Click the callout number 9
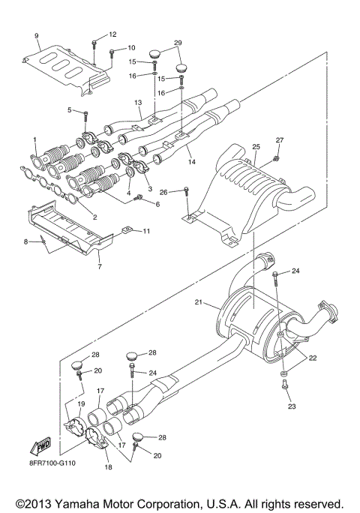pos(35,36)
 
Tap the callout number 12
pos(112,34)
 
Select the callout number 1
pos(34,139)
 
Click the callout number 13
pos(137,102)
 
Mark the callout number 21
pos(199,301)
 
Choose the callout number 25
pos(256,146)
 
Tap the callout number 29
pos(178,43)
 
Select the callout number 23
pos(292,406)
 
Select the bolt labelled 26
pos(187,195)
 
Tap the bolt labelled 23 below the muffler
pos(285,385)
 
